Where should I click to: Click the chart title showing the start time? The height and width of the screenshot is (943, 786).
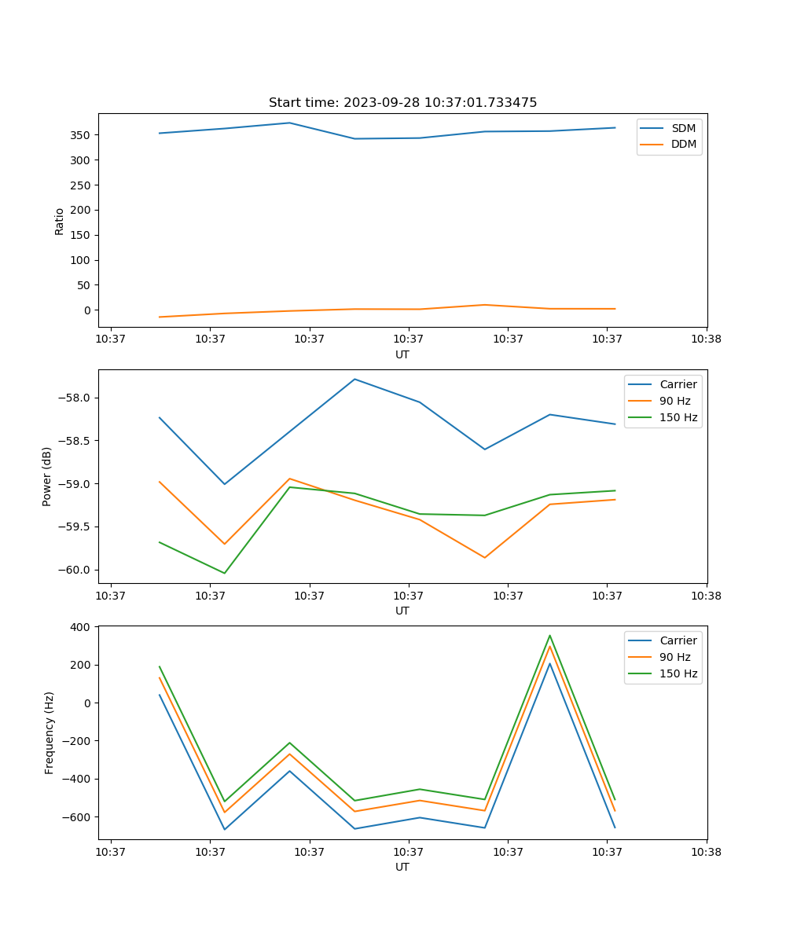click(402, 103)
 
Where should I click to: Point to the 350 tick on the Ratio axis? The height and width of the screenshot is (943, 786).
click(78, 135)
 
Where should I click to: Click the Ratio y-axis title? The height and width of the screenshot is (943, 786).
click(60, 221)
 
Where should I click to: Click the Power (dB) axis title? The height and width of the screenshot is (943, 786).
click(47, 476)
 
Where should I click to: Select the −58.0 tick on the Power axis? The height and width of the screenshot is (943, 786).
click(74, 398)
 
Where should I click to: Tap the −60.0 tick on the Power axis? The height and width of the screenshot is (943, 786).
click(74, 570)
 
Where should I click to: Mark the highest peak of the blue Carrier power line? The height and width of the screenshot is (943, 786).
click(355, 380)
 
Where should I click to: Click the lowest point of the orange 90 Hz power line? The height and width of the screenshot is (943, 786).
click(485, 558)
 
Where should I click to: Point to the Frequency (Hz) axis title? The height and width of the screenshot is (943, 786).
click(50, 732)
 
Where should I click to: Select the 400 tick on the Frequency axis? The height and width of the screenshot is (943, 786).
click(81, 627)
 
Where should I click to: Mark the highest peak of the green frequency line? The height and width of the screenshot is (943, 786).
click(550, 636)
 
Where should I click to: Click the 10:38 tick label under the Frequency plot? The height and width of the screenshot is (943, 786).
click(706, 852)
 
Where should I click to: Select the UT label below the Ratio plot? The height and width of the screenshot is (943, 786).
click(402, 354)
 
